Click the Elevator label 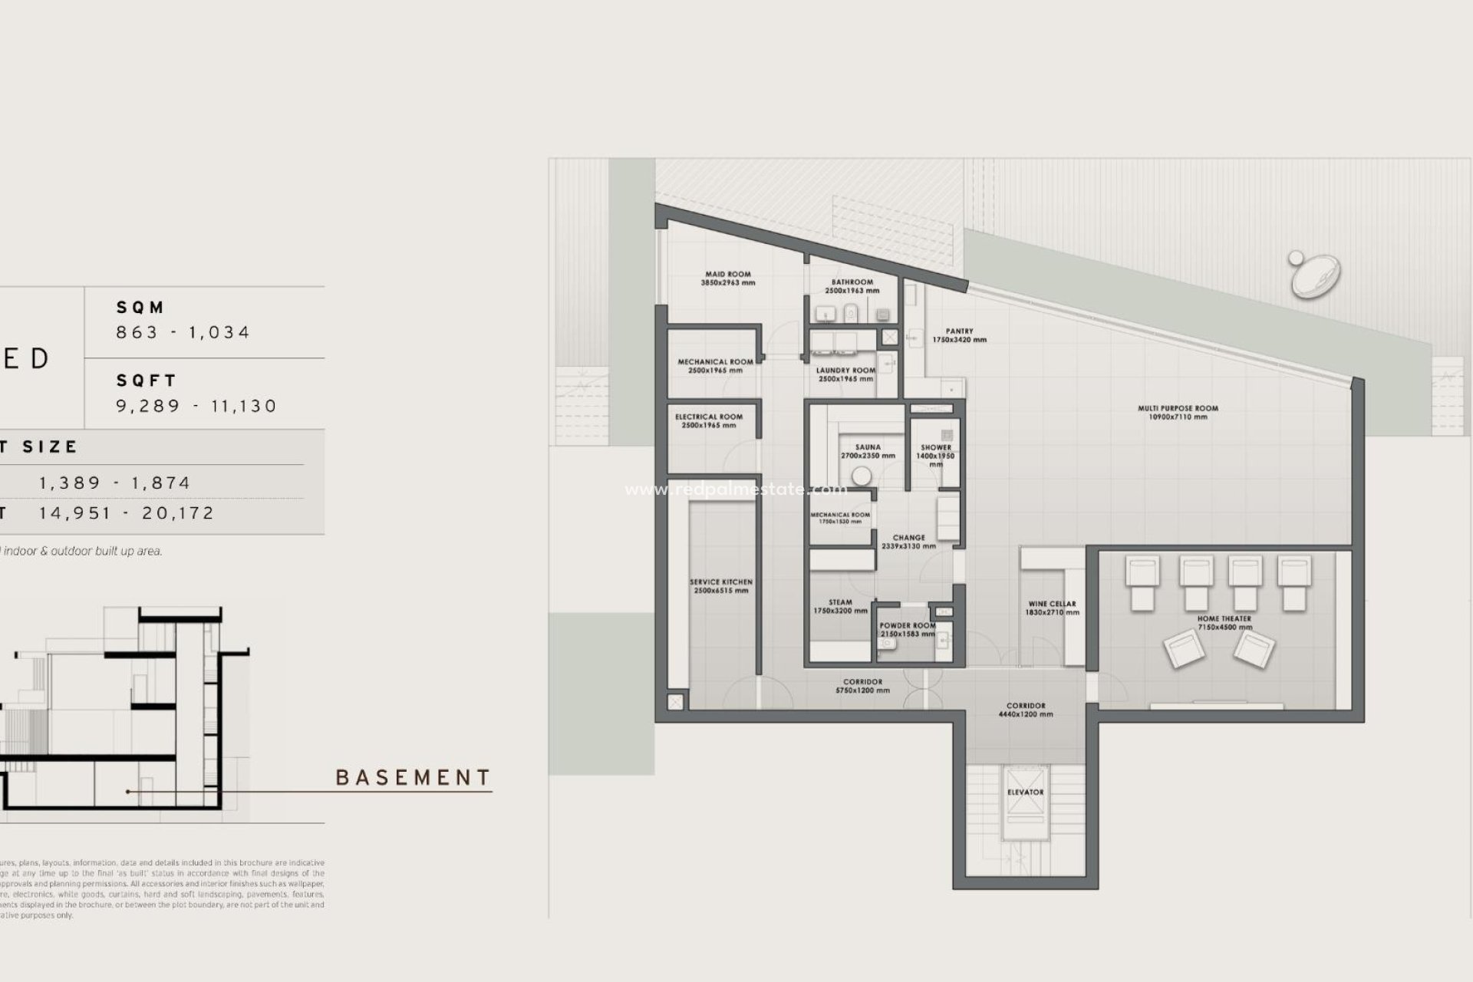tap(1025, 792)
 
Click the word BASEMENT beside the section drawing tap(413, 778)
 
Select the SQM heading tap(140, 308)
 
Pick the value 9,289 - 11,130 tap(196, 406)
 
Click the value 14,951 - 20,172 tap(127, 513)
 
